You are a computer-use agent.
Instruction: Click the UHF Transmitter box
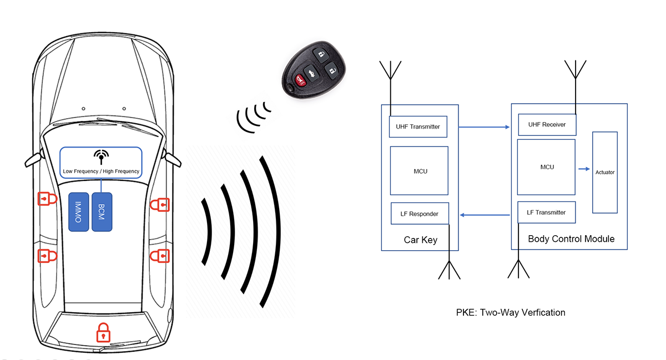pos(418,126)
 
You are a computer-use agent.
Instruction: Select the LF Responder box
pos(420,214)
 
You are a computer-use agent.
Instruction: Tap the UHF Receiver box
pos(547,125)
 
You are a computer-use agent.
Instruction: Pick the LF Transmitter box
pos(547,212)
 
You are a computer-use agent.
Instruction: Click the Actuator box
pos(605,173)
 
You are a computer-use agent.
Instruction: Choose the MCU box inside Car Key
pos(419,171)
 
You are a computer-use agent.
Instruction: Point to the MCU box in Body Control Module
pos(546,167)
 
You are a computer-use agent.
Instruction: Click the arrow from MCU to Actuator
pos(584,169)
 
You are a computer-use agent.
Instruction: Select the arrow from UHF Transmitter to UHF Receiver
pos(484,127)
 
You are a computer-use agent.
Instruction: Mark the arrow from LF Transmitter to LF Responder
pos(485,215)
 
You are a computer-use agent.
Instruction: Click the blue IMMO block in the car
pos(78,212)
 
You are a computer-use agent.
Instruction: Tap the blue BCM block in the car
pos(102,212)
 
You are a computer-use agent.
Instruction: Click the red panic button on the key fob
pos(300,80)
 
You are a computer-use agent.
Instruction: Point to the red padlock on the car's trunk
pos(103,332)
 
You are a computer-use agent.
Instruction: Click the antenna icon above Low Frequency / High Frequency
pos(101,157)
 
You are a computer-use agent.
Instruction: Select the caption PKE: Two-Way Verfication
pos(511,312)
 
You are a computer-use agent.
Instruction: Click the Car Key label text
pos(421,240)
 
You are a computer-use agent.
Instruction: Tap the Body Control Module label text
pos(571,239)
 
